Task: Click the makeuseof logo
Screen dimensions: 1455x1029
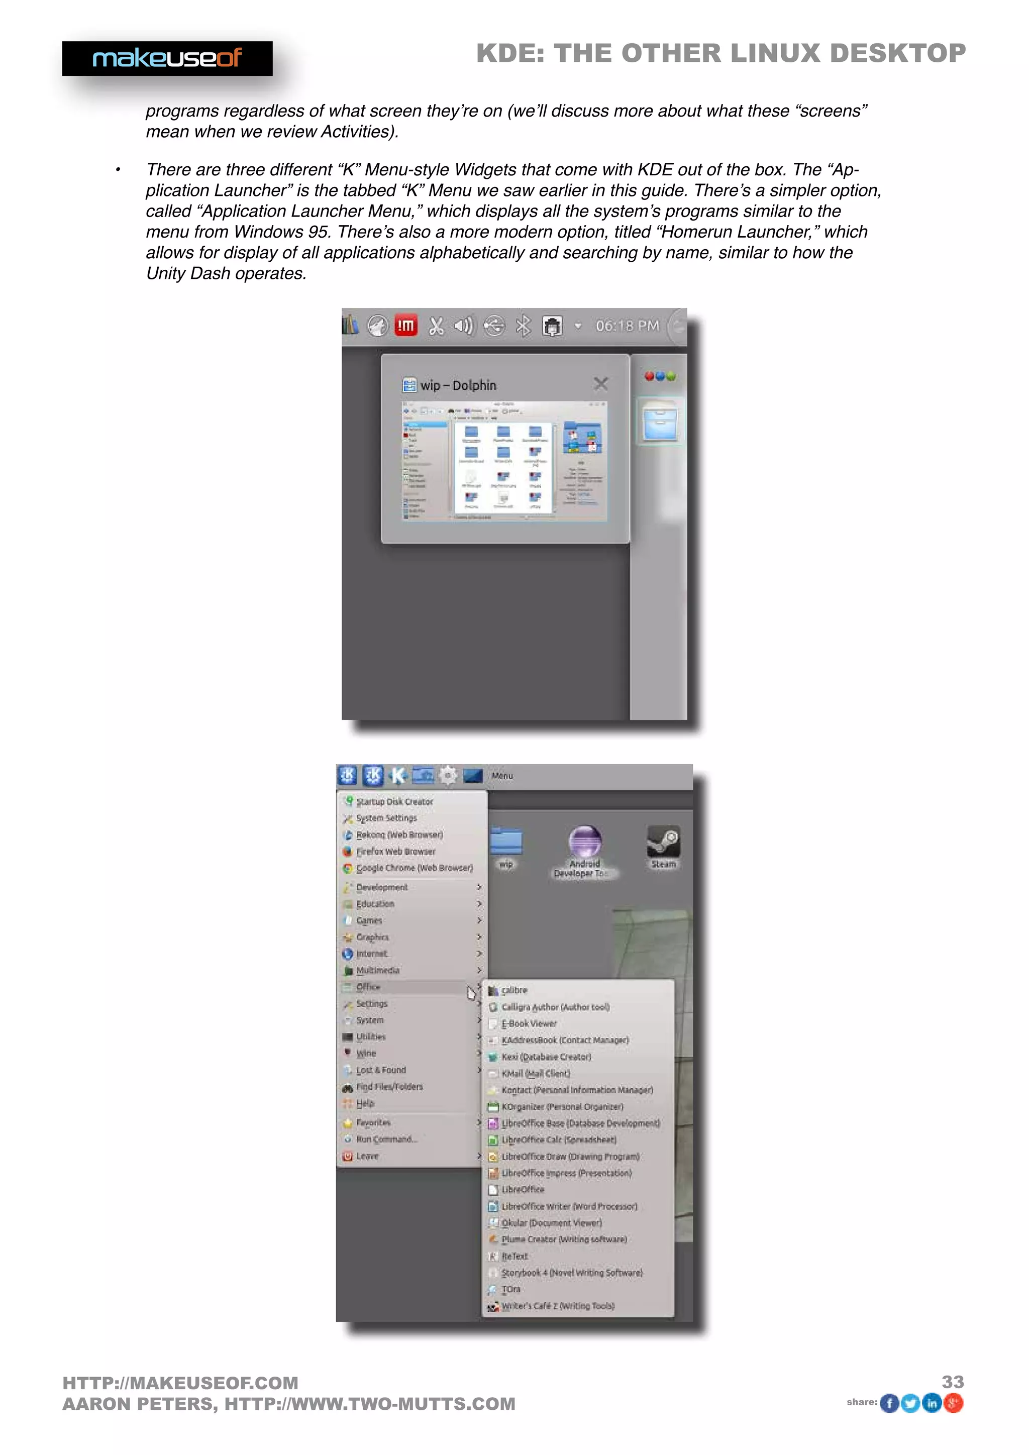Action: (x=167, y=58)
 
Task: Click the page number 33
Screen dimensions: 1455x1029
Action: (x=952, y=1382)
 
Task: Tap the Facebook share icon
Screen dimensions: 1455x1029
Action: (x=890, y=1403)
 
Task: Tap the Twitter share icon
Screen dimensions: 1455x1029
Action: (x=910, y=1403)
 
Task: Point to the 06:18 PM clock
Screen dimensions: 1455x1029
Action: (x=627, y=326)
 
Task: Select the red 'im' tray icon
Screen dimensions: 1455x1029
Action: (x=405, y=326)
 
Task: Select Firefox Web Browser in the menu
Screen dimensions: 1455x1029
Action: (x=395, y=851)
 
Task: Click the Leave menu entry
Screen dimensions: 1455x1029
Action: (x=367, y=1156)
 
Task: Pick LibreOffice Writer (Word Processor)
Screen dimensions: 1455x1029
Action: (x=569, y=1206)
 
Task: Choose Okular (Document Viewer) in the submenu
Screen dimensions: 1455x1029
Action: (x=551, y=1222)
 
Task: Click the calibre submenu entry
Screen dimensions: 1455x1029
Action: (x=514, y=990)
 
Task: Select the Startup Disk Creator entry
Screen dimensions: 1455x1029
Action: (x=394, y=802)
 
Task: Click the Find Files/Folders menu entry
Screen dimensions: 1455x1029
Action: (x=389, y=1086)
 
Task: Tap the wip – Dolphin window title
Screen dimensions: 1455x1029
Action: (x=458, y=385)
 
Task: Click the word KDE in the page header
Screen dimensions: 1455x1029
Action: (x=510, y=53)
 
